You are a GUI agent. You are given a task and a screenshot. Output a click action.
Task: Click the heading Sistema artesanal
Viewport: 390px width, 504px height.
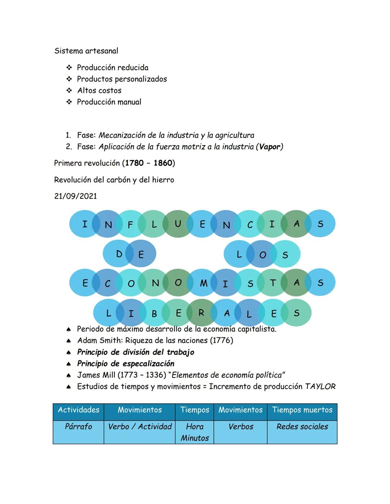86,51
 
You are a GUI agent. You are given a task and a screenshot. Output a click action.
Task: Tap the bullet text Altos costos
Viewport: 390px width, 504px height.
99,91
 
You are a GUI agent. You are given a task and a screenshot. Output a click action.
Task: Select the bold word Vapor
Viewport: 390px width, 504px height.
269,147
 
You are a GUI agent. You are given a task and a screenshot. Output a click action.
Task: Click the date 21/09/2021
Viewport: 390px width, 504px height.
75,196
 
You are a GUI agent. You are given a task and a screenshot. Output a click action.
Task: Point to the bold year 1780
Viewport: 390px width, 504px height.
134,163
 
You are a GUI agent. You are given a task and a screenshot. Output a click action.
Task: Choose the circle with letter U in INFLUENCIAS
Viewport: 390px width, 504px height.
177,224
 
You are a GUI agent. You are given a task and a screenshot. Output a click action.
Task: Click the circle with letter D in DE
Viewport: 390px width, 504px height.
119,254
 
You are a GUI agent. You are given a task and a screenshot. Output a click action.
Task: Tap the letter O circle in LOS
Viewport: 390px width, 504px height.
263,255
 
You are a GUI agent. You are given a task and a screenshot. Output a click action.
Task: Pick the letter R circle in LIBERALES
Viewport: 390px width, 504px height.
201,313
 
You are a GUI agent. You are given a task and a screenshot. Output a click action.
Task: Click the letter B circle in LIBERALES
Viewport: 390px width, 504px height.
154,314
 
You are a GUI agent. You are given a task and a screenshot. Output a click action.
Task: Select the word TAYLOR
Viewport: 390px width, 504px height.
320,387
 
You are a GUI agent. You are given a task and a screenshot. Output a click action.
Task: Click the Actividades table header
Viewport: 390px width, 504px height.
78,410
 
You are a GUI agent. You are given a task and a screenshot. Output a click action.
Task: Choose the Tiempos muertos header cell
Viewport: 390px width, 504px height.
302,410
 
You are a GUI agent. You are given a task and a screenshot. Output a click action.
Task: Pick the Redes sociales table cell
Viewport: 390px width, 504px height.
302,427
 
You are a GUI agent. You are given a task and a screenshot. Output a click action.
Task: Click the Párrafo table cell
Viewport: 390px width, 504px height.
78,427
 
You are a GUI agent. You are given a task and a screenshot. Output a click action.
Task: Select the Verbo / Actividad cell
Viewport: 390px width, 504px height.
140,427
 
